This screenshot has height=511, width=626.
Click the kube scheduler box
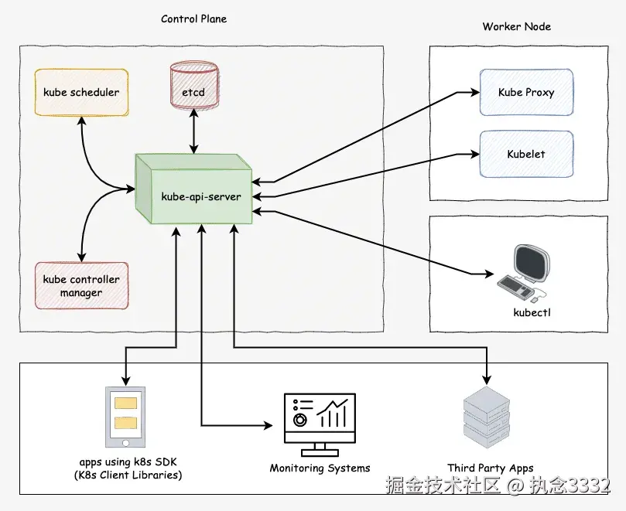81,93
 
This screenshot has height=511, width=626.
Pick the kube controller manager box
81,285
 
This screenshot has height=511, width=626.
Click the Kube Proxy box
526,93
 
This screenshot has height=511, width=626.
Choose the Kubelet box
526,154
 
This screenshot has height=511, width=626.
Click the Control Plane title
194,19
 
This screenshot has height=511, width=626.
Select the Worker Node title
517,26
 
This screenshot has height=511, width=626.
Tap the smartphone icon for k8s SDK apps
125,416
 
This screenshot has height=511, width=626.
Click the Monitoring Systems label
320,468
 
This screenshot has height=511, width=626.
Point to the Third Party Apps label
491,468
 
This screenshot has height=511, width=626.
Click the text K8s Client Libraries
128,475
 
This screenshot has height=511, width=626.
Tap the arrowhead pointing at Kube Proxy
474,93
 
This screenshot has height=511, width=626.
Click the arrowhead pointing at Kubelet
474,153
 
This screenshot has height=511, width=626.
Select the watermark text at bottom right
498,486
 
